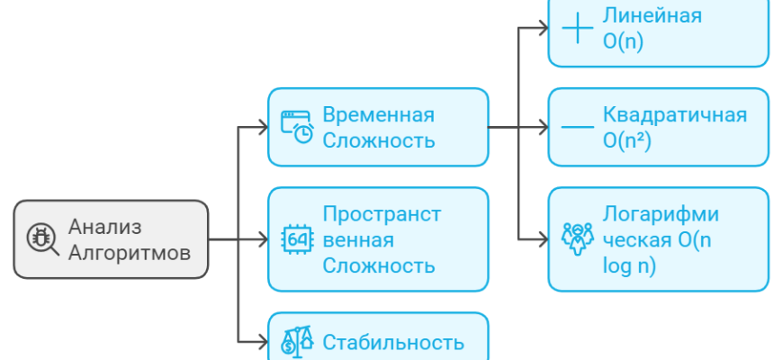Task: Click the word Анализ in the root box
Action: pos(105,228)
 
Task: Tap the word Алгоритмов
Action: pos(130,253)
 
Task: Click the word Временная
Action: pos(378,115)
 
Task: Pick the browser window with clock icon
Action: pos(297,127)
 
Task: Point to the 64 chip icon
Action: pos(297,239)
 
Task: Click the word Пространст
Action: pos(382,214)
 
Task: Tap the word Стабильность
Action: pos(393,342)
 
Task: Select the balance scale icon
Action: pos(297,340)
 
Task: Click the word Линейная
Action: pos(652,16)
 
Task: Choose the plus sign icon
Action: pos(576,28)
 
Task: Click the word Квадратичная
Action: pos(675,115)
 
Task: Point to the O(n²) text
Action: pos(627,140)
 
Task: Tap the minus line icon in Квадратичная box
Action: pos(577,128)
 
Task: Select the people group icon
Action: pos(577,238)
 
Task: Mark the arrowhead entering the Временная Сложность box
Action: pos(262,127)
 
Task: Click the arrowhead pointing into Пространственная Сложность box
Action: pos(262,239)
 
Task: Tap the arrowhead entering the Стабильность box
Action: pos(262,342)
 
